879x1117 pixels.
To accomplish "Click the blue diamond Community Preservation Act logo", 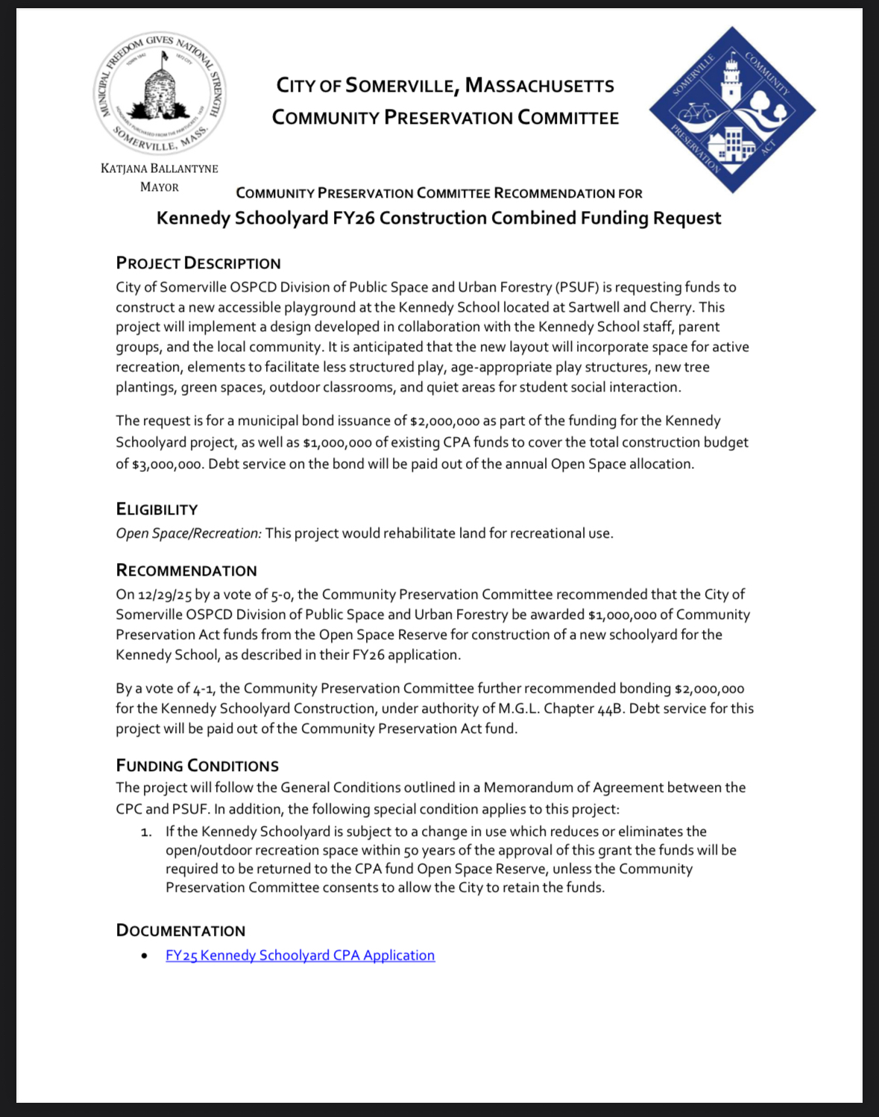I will (x=732, y=110).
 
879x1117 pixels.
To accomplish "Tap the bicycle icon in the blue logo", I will (x=696, y=112).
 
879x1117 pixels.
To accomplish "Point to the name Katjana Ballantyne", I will (x=160, y=169).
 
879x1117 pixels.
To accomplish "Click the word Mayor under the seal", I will (x=160, y=187).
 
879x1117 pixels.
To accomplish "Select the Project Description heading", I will (x=198, y=263).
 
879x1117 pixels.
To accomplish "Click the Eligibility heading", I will (x=157, y=509).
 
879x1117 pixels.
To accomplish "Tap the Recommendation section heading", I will (x=186, y=570).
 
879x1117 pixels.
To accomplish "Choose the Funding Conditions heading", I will (x=198, y=766).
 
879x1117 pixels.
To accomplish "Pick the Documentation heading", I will (x=180, y=931).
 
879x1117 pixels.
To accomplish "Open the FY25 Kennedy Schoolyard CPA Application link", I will (x=300, y=955).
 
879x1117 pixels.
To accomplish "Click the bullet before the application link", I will (x=144, y=956).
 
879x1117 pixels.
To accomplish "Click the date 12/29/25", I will (x=165, y=595).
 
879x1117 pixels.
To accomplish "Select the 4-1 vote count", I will (x=203, y=689).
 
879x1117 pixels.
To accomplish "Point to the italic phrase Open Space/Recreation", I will (x=189, y=534).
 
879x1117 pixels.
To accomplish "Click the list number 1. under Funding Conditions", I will (x=146, y=831).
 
